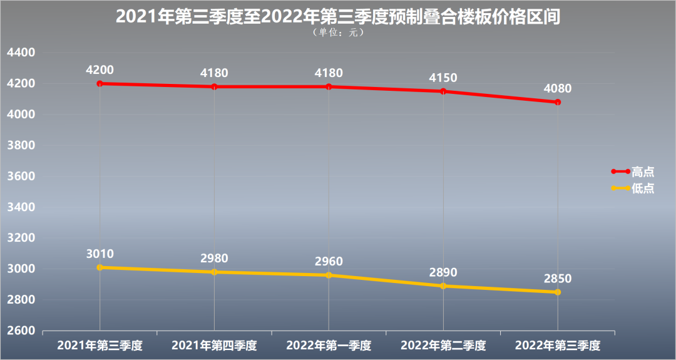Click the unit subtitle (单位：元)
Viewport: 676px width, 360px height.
[x=337, y=33]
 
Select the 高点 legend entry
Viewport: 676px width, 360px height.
[x=642, y=172]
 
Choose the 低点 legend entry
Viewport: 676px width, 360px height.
[x=642, y=188]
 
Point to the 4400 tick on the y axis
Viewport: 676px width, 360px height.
[x=21, y=53]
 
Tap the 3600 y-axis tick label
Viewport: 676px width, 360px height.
[x=21, y=177]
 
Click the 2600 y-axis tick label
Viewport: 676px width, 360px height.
[x=21, y=331]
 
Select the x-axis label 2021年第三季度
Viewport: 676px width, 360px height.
[x=100, y=345]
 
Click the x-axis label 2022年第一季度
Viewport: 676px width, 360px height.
[x=329, y=345]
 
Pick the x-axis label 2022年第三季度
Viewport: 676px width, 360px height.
[x=558, y=345]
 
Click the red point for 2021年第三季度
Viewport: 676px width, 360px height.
[x=100, y=83]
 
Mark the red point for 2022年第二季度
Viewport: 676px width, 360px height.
[x=443, y=91]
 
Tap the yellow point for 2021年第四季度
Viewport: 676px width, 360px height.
[x=214, y=272]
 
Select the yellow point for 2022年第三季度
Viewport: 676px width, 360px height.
[x=558, y=292]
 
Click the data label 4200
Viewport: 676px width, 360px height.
[x=100, y=69]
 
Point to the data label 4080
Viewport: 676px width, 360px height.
[x=558, y=88]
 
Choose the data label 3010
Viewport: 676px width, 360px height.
[x=100, y=254]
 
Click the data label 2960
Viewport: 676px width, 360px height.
[x=329, y=261]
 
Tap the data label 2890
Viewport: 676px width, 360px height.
[x=443, y=272]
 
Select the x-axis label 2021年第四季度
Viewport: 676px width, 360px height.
[x=214, y=345]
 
